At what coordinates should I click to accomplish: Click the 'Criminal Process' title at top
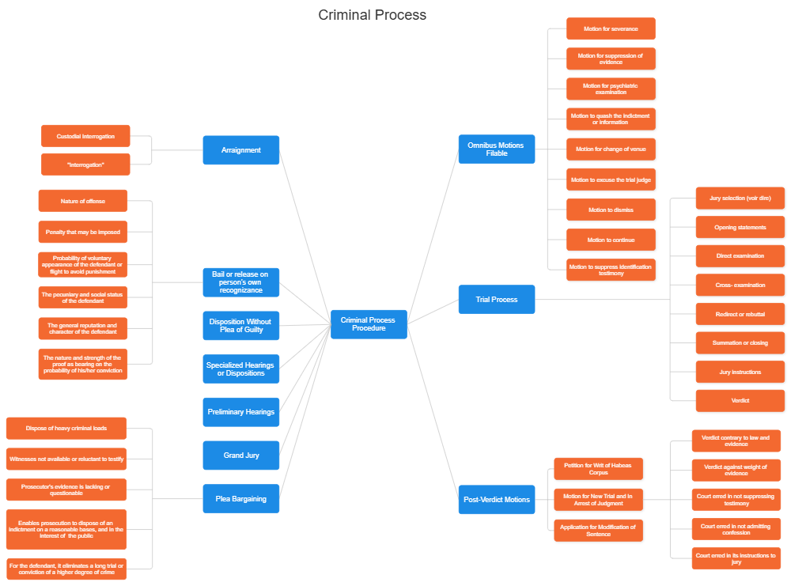[372, 15]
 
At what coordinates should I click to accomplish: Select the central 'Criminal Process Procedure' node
[369, 324]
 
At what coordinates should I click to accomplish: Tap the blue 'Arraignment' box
[241, 150]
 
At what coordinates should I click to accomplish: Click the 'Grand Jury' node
[241, 456]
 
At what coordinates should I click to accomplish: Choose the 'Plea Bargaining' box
[241, 499]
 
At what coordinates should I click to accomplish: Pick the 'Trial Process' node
[497, 300]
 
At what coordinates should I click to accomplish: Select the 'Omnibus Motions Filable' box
[497, 149]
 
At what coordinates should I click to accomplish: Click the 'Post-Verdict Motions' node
[497, 500]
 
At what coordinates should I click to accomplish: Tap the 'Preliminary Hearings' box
[241, 412]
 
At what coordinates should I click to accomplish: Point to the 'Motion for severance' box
[611, 29]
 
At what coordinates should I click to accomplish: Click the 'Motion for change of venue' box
[611, 149]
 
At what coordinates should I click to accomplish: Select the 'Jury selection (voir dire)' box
[740, 198]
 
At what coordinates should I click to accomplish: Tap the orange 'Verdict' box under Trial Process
[740, 401]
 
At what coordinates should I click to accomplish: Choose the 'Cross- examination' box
[740, 285]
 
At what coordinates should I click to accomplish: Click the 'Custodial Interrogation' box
[85, 136]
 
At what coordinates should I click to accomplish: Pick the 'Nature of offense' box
[82, 202]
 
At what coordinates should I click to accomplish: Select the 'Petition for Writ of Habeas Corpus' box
[599, 469]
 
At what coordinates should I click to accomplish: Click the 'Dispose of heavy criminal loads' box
[66, 429]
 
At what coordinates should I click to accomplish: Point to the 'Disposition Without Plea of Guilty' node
[240, 325]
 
